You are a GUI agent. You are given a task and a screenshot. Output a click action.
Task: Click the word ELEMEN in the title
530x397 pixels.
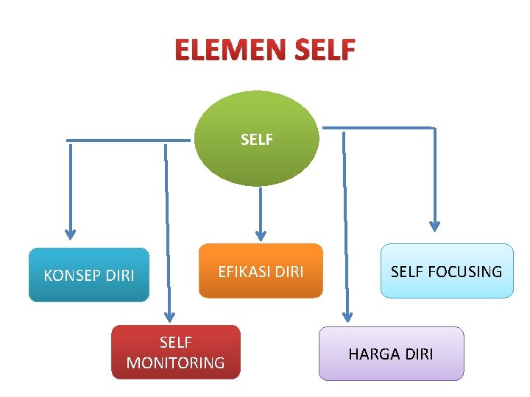[x=230, y=50]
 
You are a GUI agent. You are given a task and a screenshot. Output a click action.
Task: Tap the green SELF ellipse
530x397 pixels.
[x=256, y=139]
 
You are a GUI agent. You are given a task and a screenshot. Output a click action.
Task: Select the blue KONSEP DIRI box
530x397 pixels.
[x=89, y=276]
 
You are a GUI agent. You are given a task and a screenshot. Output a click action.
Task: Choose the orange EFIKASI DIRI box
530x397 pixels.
[x=261, y=271]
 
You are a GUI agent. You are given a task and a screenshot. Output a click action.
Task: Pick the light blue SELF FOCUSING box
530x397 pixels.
[x=446, y=271]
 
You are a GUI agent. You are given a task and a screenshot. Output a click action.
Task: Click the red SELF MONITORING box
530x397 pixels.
[x=175, y=352]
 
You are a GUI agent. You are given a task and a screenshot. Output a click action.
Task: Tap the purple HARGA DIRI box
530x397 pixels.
[x=391, y=354]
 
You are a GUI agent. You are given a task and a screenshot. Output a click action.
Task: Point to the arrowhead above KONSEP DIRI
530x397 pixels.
[x=70, y=233]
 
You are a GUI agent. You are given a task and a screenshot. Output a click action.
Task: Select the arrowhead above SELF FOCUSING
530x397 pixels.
[x=435, y=225]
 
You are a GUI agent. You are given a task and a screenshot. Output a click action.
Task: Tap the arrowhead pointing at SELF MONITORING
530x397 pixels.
[x=170, y=315]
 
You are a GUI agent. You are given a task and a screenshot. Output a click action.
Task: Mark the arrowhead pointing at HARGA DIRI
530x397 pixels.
[x=345, y=315]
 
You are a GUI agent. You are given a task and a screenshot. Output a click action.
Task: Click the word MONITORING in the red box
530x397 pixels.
[x=175, y=362]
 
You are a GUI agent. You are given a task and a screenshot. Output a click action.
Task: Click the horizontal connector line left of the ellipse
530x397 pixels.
[x=129, y=140]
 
